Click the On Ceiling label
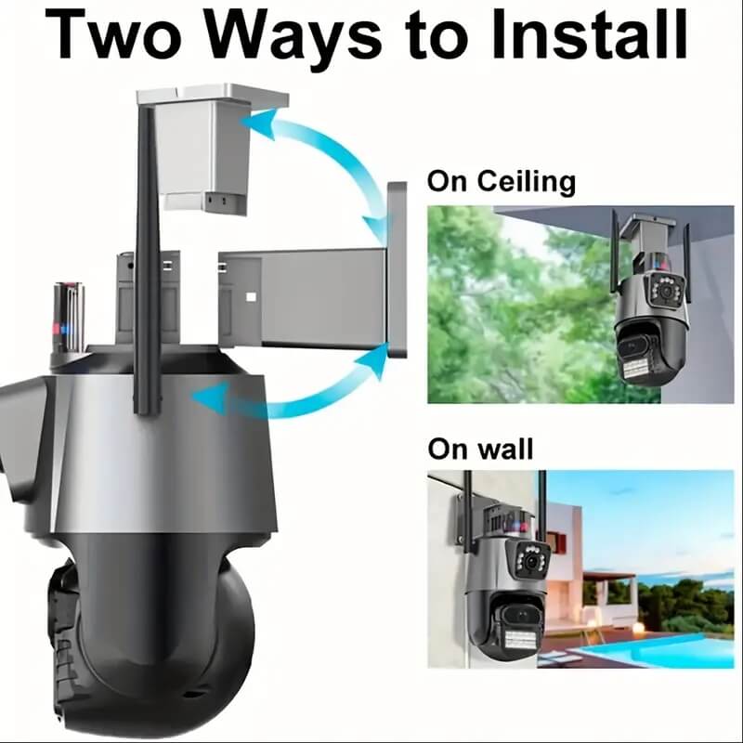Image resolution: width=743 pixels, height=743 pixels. (502, 182)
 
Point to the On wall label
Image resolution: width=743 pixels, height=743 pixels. (480, 449)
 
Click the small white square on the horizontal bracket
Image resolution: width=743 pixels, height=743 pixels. (251, 296)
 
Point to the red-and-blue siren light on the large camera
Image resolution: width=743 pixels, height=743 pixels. (69, 317)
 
